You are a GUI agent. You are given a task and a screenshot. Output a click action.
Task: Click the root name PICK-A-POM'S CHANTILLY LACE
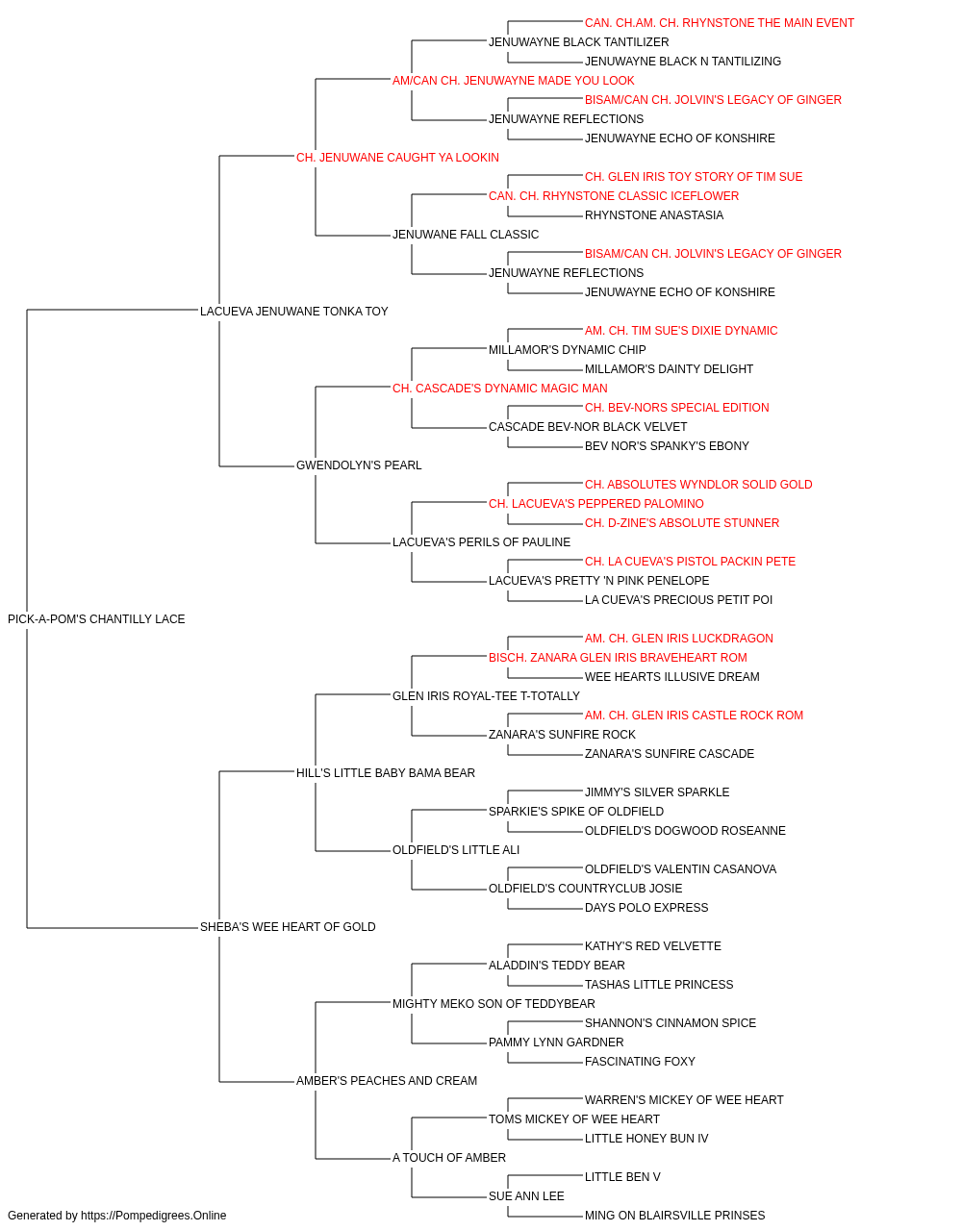(x=96, y=618)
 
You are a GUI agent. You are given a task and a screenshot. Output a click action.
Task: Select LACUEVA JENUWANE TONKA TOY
(x=293, y=311)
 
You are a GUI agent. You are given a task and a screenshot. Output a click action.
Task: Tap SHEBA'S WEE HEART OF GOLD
(x=288, y=926)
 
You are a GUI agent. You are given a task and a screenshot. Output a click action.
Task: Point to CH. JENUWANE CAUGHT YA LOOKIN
(x=397, y=158)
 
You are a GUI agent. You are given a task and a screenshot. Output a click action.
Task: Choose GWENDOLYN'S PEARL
(x=359, y=465)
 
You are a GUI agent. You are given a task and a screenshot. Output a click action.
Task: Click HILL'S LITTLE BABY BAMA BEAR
(x=385, y=772)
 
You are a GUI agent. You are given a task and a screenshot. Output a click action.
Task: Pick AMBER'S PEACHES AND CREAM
(x=387, y=1080)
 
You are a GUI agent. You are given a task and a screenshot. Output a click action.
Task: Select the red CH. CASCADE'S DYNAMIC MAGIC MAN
(x=499, y=388)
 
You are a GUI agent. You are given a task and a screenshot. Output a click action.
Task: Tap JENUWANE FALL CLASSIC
(x=466, y=235)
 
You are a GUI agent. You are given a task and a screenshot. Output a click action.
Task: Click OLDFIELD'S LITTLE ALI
(x=455, y=850)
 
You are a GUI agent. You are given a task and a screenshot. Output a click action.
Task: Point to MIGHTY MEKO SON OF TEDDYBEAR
(x=494, y=1003)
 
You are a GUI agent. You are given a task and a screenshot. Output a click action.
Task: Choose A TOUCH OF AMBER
(x=448, y=1157)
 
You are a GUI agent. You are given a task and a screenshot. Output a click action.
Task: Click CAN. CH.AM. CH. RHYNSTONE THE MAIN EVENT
(x=719, y=23)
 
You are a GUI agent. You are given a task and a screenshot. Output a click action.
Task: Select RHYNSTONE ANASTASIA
(x=654, y=215)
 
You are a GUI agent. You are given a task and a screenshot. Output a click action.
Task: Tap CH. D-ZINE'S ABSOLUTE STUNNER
(x=681, y=523)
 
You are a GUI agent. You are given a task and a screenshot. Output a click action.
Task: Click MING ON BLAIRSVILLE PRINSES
(x=674, y=1216)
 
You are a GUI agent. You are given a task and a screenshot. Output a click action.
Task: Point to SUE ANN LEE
(x=526, y=1195)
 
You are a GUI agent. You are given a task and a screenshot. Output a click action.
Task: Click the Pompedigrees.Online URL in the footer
(x=153, y=1216)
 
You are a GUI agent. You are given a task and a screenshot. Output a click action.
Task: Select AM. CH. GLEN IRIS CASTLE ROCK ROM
(x=694, y=715)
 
